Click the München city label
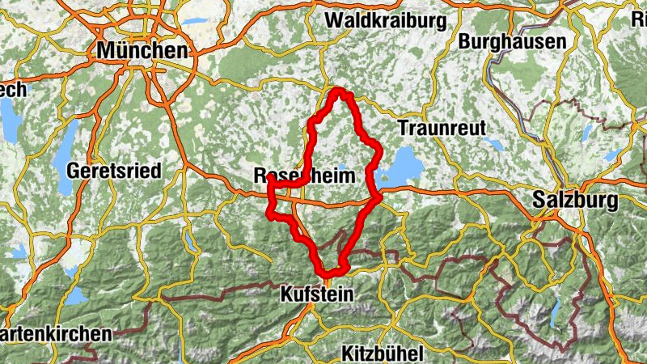pyautogui.click(x=142, y=50)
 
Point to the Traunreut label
pyautogui.click(x=442, y=127)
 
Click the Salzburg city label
pyautogui.click(x=576, y=200)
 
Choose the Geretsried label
pyautogui.click(x=114, y=171)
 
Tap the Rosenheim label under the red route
pyautogui.click(x=304, y=176)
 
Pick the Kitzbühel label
pyautogui.click(x=383, y=353)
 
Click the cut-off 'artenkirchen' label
pyautogui.click(x=56, y=334)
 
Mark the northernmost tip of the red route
pyautogui.click(x=338, y=91)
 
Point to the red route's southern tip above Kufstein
pyautogui.click(x=328, y=273)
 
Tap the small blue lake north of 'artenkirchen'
pyautogui.click(x=75, y=296)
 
